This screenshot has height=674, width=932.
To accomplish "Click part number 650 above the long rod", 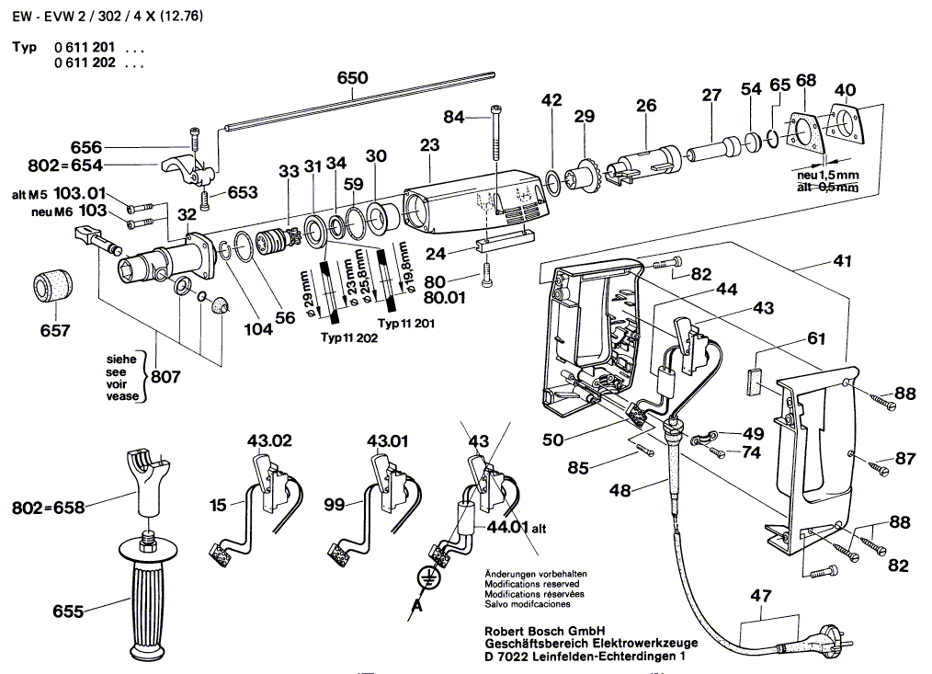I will (351, 78).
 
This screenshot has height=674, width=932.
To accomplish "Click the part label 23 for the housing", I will (430, 145).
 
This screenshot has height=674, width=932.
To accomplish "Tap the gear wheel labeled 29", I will (582, 175).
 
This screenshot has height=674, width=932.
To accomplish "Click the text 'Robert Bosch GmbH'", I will (543, 631).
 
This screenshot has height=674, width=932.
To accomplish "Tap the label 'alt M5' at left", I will (29, 195).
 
